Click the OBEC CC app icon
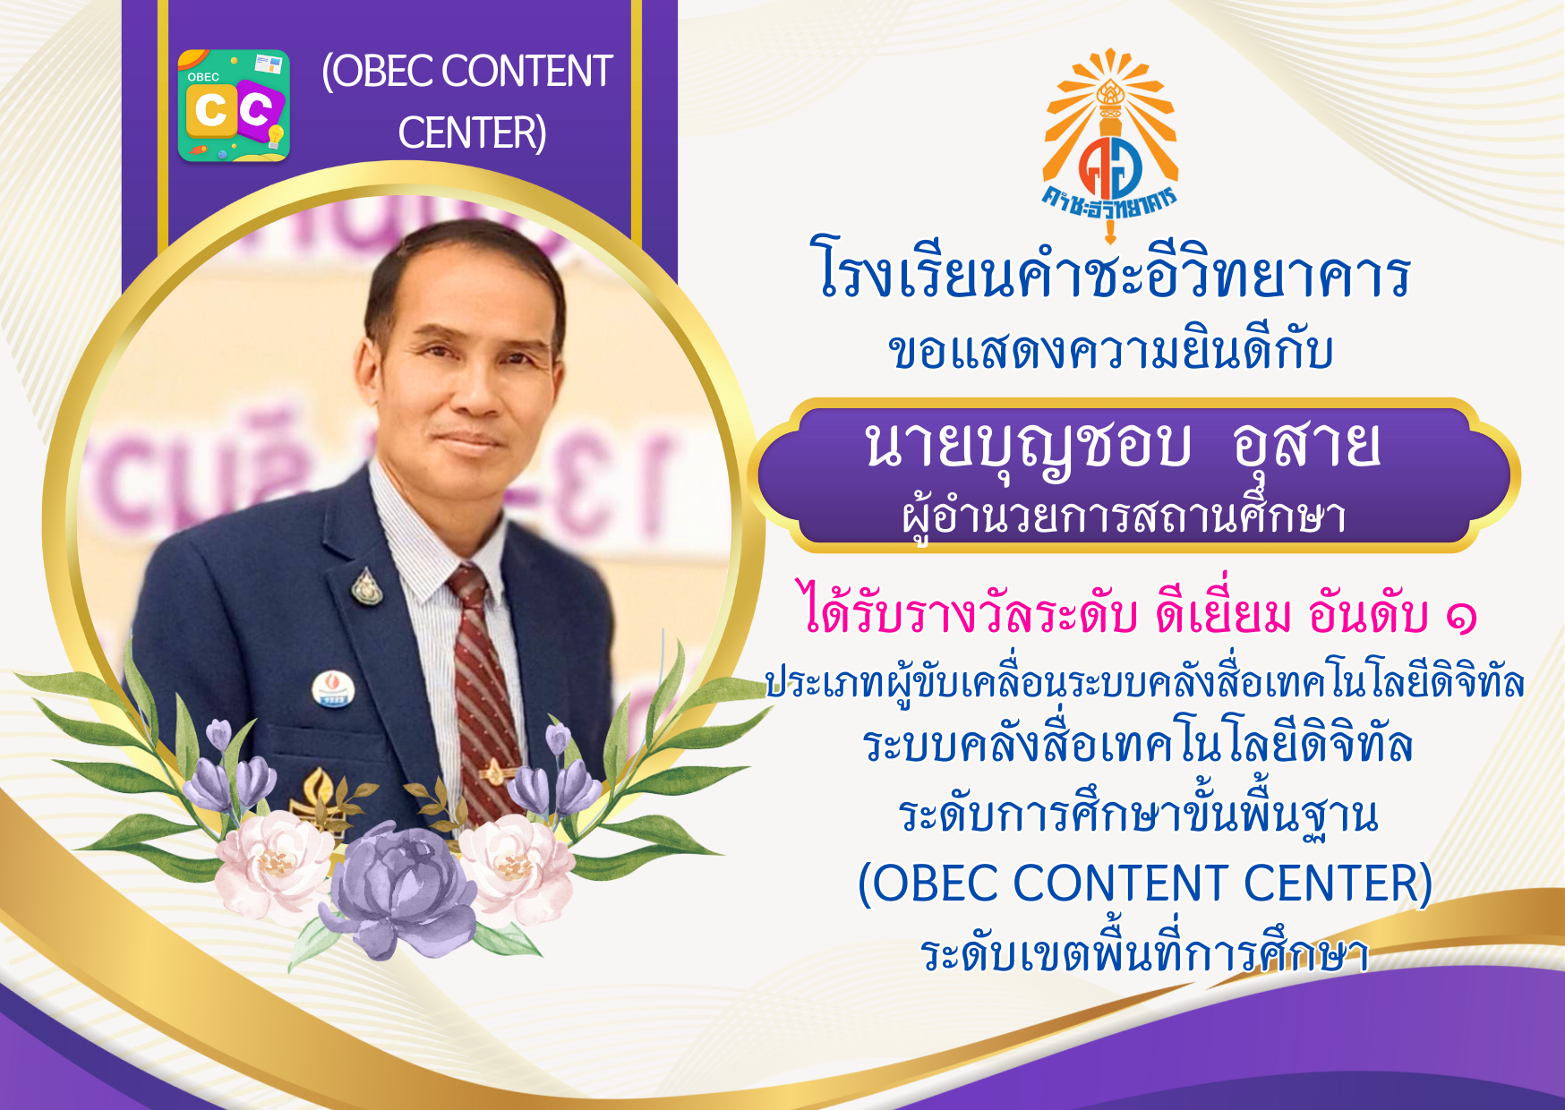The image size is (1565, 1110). [x=234, y=106]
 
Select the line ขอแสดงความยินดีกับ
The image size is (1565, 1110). [x=1110, y=350]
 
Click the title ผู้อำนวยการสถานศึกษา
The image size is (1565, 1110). [x=1125, y=517]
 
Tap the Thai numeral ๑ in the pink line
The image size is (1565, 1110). [x=1460, y=618]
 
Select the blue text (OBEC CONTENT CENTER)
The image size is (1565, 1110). [x=1145, y=884]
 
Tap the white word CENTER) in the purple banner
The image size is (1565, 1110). [x=472, y=133]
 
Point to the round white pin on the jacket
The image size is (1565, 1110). [x=333, y=689]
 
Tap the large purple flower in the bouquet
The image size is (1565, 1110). [x=403, y=891]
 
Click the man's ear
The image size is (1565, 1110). [x=367, y=371]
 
